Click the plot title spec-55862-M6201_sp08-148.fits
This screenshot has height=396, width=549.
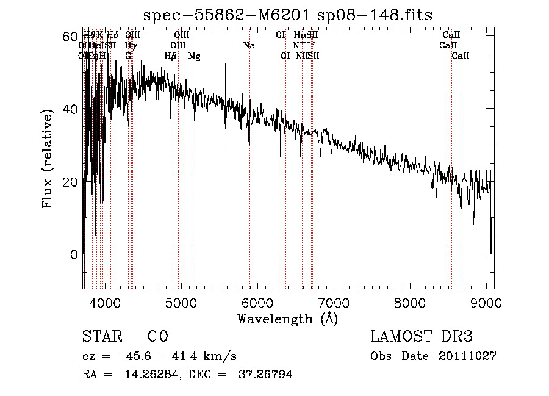pos(287,15)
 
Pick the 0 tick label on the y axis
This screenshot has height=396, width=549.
pos(74,255)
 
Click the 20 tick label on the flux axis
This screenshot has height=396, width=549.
pos(70,182)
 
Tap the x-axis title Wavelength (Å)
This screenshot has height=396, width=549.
pos(287,319)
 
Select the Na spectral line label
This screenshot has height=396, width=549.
pos(249,45)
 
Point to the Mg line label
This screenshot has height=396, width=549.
pos(194,56)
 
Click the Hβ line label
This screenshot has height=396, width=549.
pos(170,56)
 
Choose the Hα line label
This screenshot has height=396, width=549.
pos(299,35)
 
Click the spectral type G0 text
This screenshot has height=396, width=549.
pos(157,337)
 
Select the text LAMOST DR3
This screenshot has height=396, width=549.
pos(421,337)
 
